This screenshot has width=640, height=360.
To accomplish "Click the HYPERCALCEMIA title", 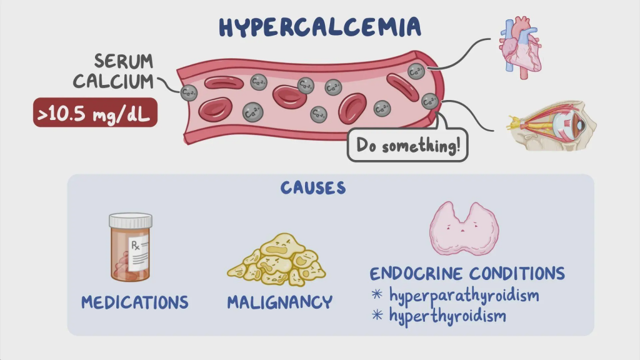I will point(319,27).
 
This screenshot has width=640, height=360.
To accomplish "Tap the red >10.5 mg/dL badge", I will point(95,114).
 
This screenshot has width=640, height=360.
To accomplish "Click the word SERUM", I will point(124,61).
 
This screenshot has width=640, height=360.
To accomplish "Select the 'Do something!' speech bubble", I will point(407,146).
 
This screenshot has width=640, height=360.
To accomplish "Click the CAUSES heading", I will point(312,187).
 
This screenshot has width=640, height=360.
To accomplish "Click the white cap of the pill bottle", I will point(130,221).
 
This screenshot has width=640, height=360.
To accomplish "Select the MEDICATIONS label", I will point(134,302).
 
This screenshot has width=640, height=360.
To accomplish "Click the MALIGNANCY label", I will point(279,302).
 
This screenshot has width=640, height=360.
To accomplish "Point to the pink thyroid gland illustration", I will point(464,228).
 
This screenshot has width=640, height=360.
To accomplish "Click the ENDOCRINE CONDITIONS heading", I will point(467,274).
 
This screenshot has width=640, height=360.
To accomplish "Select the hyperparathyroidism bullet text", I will point(464,294).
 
